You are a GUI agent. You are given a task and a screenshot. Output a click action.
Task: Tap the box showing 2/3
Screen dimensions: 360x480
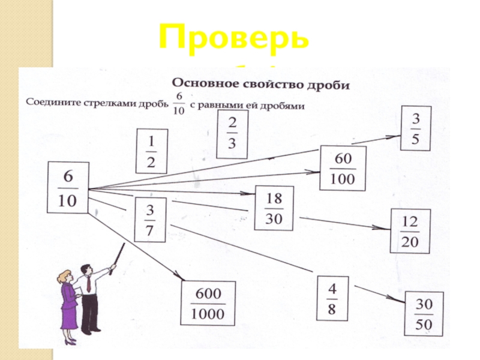[232, 135]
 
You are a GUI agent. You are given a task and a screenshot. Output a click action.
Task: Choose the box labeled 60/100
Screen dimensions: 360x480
[343, 169]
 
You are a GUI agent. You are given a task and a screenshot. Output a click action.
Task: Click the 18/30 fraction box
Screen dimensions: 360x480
[274, 208]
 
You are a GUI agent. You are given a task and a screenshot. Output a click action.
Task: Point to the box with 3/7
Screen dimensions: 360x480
[149, 219]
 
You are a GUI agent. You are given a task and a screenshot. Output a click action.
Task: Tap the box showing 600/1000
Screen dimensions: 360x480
[208, 304]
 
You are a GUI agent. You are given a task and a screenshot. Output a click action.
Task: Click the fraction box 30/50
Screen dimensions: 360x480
[424, 313]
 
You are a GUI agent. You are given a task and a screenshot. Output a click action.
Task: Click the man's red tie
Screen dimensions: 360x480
[89, 283]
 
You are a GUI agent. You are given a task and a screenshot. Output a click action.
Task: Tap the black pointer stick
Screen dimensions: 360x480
[116, 256]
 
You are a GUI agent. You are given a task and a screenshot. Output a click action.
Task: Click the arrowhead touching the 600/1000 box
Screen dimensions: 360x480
[181, 277]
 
